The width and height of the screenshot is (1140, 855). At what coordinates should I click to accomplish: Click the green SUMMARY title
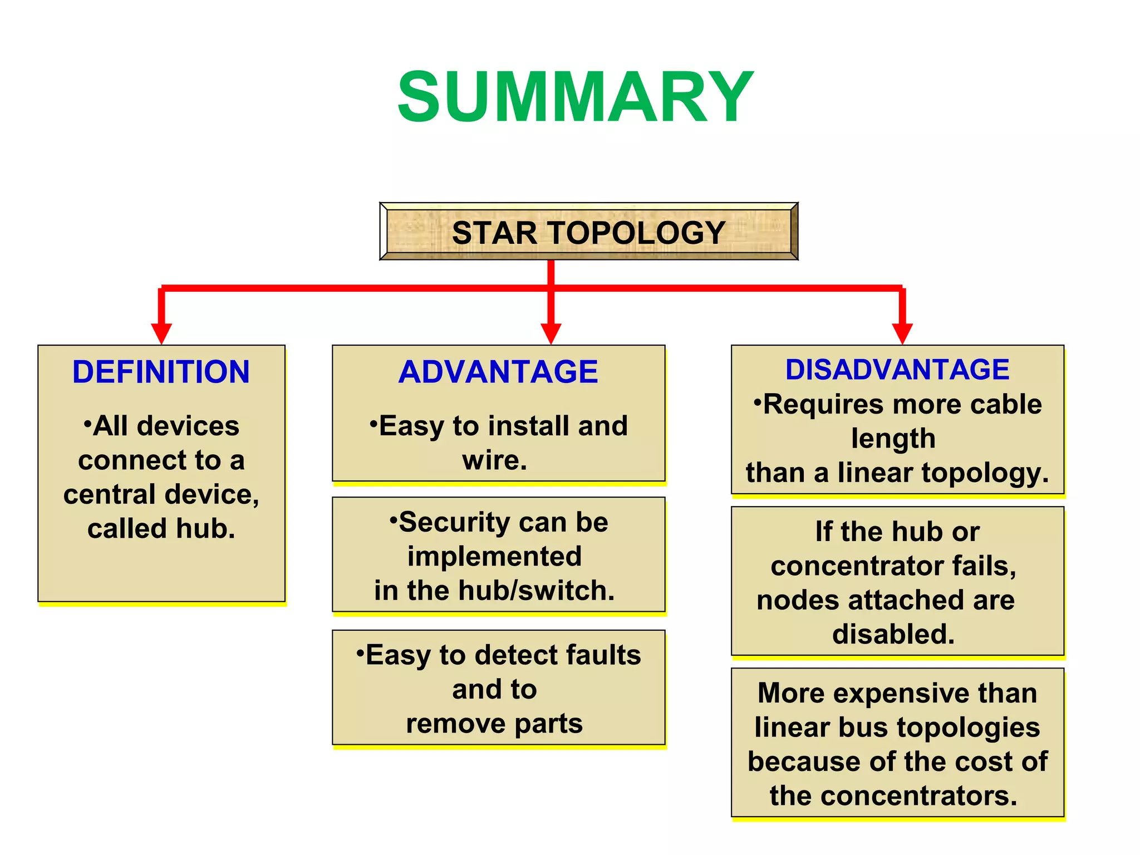point(575,98)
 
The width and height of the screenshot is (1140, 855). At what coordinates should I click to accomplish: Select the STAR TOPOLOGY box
point(588,232)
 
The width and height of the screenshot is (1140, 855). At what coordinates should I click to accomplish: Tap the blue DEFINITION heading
point(161,372)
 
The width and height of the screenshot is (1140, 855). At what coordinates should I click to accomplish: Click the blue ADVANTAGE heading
point(498,372)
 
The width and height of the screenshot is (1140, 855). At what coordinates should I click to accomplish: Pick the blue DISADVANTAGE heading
point(897,370)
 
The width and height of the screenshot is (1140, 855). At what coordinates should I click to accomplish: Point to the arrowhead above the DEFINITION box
point(161,333)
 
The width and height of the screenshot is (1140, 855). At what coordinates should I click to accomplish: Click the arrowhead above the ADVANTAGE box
point(551,333)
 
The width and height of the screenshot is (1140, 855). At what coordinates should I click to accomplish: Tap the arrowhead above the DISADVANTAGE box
point(902,333)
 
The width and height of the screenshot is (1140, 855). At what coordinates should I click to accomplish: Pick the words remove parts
point(494,724)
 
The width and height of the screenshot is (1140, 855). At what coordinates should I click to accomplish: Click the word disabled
point(893,634)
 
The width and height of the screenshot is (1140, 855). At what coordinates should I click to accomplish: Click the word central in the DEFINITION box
point(110,494)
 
